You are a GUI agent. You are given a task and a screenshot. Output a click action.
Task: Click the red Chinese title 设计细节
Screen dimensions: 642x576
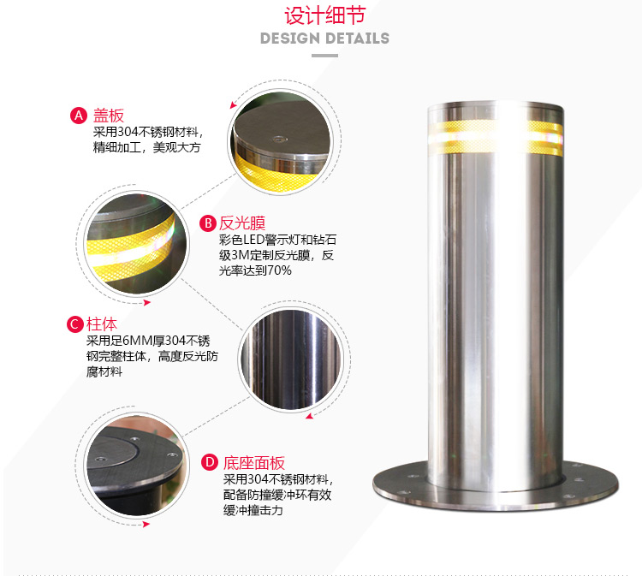[324, 16]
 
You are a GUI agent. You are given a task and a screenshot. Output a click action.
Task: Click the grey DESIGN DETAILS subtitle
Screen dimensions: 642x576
[324, 39]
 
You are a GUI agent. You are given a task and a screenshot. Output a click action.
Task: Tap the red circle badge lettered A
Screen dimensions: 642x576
[79, 116]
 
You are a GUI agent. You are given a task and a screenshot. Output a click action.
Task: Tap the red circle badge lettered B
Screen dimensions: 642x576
[208, 223]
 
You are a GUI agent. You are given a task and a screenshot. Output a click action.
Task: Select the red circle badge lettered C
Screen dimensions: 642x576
[75, 324]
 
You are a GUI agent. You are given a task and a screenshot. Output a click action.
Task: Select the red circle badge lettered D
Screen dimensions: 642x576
[210, 463]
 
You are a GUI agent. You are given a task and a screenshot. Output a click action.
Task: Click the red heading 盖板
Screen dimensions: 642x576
[109, 116]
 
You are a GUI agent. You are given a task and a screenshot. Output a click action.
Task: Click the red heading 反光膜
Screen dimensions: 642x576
[242, 223]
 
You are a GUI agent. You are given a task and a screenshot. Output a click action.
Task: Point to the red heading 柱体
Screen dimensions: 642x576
[102, 324]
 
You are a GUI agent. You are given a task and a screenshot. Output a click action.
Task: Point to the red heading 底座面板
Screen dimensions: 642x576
[254, 463]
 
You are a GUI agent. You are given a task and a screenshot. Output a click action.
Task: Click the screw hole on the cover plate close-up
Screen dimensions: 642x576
[279, 140]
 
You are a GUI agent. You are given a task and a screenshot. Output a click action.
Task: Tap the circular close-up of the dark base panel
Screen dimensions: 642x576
[137, 465]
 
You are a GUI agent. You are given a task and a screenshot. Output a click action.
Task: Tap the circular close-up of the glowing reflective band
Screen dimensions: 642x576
[136, 243]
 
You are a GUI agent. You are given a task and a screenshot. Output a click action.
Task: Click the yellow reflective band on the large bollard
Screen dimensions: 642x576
[496, 138]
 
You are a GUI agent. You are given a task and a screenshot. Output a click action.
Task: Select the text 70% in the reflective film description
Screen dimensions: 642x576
[279, 270]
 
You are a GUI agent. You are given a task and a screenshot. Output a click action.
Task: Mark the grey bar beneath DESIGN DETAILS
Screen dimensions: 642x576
[324, 56]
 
